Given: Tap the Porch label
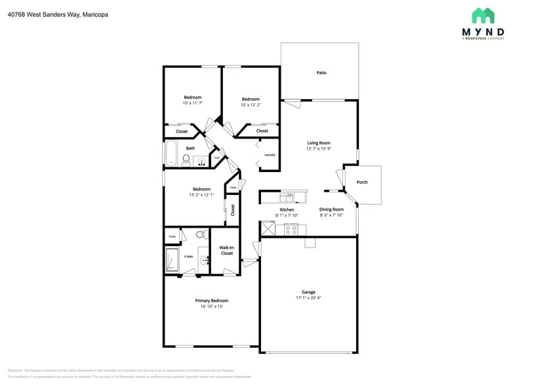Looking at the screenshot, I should point(362,182).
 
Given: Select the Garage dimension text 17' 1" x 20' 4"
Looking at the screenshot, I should point(308,298).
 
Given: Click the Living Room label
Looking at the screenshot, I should point(319,142).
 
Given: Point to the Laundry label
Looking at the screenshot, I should point(270,155).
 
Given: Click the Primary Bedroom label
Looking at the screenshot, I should point(211,301).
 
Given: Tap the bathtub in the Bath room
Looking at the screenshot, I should point(171,152).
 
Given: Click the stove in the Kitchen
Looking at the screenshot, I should point(291,230).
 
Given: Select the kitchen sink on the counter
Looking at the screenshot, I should point(287,196).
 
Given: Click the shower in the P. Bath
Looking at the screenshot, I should point(172,259).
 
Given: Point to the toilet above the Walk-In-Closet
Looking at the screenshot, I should point(201,234).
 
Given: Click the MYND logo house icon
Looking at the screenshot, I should point(483,16).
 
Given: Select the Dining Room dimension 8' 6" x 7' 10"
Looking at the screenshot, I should point(331,215).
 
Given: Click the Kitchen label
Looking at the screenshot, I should point(287,209).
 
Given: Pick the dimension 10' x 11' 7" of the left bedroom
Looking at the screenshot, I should point(192,103).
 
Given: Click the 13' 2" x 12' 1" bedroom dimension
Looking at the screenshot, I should point(201,195).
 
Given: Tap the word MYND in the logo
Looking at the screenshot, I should point(483,31).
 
